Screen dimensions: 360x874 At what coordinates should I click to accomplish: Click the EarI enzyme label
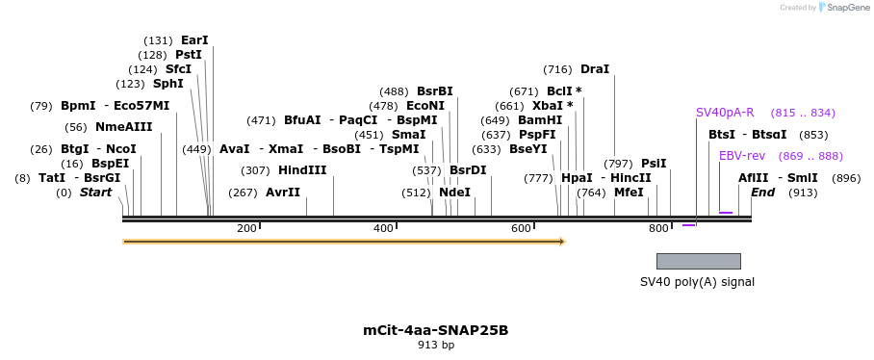tap(194, 40)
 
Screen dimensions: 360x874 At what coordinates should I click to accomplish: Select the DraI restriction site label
tap(595, 69)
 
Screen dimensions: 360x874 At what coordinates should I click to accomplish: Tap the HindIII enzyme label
tap(302, 170)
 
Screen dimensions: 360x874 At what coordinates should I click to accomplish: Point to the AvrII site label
tap(283, 193)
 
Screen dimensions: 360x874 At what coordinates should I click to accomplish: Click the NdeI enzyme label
tap(455, 193)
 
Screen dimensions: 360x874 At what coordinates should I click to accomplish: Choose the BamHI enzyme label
tap(540, 120)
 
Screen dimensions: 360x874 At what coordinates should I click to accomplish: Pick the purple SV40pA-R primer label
tap(725, 113)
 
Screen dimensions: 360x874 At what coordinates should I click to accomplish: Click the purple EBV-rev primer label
tap(742, 156)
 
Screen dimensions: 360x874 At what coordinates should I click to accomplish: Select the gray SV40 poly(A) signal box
tap(698, 261)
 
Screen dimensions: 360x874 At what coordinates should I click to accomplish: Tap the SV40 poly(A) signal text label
tap(697, 282)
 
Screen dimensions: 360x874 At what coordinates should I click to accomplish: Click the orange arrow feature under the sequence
tap(344, 242)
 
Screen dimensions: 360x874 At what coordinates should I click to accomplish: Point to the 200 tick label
tap(246, 228)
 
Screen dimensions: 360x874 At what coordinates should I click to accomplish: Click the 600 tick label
tap(521, 228)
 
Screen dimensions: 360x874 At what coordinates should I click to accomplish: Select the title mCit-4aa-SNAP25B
tap(436, 330)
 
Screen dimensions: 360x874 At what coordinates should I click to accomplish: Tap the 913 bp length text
tap(436, 345)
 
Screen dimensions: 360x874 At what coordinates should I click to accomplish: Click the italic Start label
tap(95, 193)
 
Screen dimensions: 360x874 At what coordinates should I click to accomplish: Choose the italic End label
tap(763, 193)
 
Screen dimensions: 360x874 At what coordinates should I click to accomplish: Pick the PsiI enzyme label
tap(654, 164)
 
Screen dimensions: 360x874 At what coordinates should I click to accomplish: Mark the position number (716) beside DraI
tap(557, 69)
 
